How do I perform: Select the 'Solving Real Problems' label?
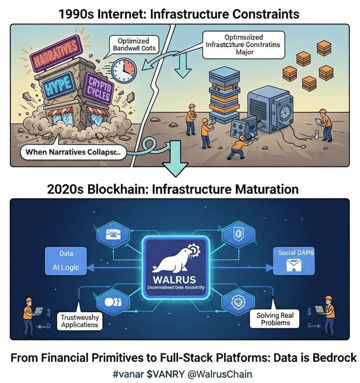click(x=275, y=319)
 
